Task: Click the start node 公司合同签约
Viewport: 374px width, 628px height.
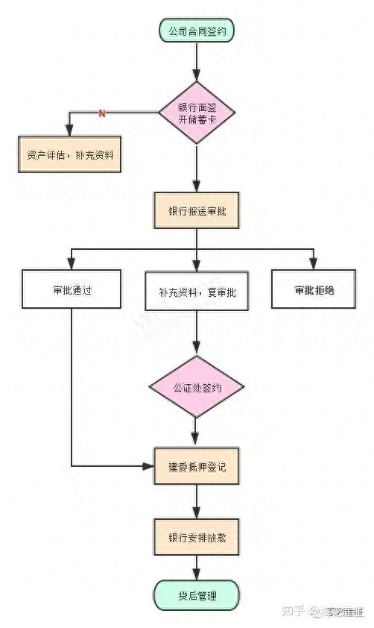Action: coord(197,31)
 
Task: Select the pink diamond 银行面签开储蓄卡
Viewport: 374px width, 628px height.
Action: coord(197,113)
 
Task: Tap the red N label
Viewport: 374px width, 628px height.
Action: coord(102,113)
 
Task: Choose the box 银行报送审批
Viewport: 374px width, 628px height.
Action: coord(197,211)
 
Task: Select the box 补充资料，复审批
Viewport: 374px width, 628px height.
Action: coord(197,292)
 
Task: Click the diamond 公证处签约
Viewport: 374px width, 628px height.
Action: coord(197,387)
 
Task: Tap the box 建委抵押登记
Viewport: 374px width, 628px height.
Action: coord(197,467)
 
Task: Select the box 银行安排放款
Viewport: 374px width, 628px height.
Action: coord(197,536)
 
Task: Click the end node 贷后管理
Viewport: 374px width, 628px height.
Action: coord(197,596)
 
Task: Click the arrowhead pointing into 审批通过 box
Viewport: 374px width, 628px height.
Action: coord(72,264)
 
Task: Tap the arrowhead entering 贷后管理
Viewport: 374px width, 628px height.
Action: coord(197,574)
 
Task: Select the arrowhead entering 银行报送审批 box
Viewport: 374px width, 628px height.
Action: coord(197,186)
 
